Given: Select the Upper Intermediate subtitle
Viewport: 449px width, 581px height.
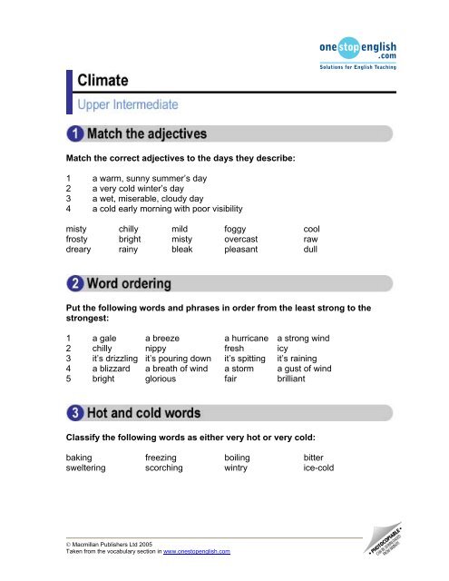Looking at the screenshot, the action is coord(127,105).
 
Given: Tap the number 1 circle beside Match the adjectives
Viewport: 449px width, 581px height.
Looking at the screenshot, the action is coord(74,135).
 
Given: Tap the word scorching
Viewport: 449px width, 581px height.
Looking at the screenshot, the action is coord(164,470).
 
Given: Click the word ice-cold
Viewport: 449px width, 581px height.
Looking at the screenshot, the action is coord(319,470).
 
